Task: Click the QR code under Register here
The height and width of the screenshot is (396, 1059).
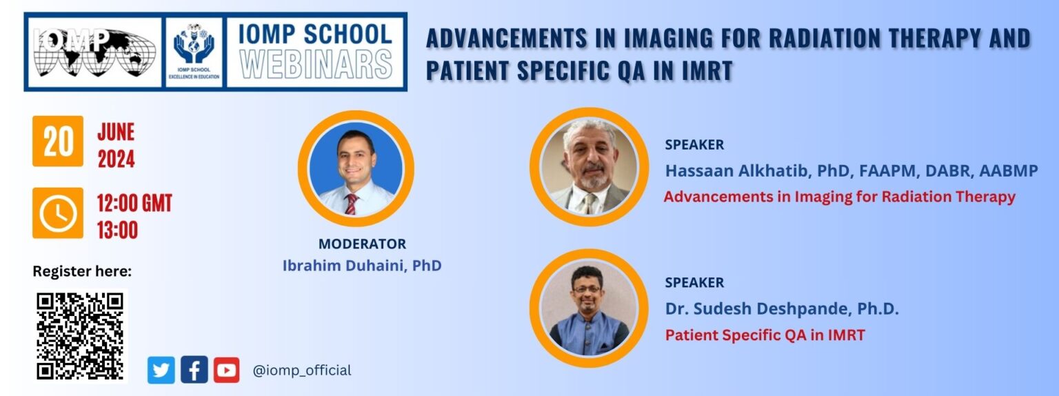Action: (80, 336)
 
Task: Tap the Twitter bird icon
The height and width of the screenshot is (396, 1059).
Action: (161, 370)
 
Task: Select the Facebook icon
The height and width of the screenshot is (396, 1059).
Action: (194, 370)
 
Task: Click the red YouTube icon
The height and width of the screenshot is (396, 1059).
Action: (226, 370)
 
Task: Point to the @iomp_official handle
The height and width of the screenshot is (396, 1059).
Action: (302, 370)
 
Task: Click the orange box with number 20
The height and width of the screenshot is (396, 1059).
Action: (58, 141)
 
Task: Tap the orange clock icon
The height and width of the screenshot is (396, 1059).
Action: (58, 213)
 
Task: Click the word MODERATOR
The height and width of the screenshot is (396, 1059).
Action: (362, 244)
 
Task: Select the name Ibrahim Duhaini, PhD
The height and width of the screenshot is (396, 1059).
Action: (362, 266)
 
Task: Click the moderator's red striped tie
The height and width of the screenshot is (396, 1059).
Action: (351, 204)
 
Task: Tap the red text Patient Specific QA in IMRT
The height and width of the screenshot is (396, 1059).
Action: (765, 335)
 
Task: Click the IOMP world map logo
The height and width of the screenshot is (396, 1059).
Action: (94, 52)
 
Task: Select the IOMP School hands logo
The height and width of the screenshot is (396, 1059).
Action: (194, 51)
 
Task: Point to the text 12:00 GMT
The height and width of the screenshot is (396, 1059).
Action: (134, 204)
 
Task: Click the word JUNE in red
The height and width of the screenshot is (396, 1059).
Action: (117, 132)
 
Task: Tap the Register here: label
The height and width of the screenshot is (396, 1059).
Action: (82, 271)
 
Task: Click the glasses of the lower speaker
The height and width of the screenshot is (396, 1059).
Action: (587, 288)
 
